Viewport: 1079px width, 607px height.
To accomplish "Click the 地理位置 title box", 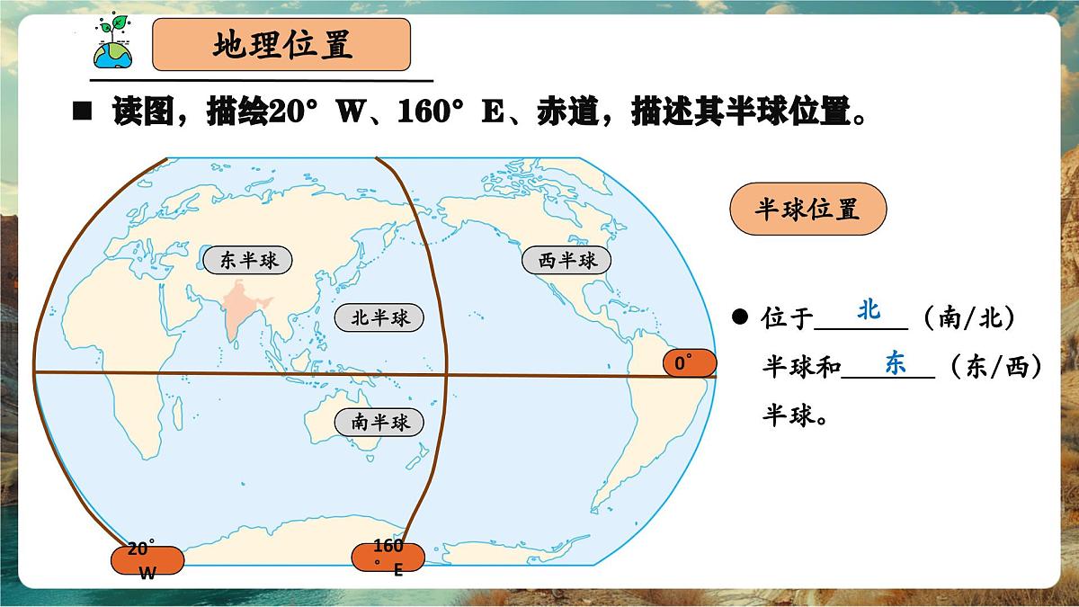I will click(x=281, y=45).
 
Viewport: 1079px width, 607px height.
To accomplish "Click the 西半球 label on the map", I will click(x=566, y=261).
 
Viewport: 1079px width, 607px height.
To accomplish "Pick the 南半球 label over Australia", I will click(x=379, y=421).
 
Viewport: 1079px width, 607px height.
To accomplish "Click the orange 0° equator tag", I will click(x=689, y=363).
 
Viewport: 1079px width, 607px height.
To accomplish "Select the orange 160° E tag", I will click(x=388, y=556).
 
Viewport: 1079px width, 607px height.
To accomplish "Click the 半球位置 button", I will click(x=807, y=210).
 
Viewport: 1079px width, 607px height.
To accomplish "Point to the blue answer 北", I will click(x=869, y=310).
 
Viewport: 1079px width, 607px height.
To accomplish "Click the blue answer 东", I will click(x=895, y=363).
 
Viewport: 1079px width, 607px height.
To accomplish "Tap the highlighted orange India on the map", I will click(x=238, y=310).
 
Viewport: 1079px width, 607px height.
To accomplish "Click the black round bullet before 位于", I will click(x=739, y=317).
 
